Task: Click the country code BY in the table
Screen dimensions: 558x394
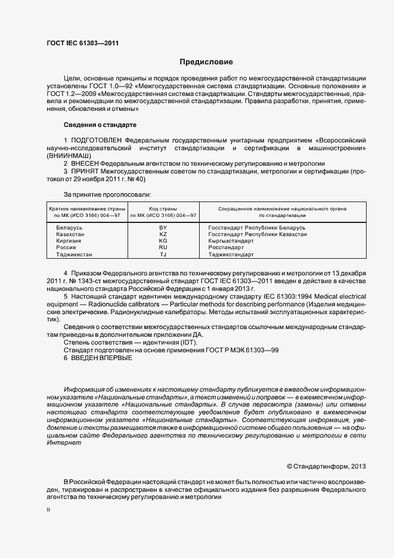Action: pyautogui.click(x=163, y=228)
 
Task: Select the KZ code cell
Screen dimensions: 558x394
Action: pyautogui.click(x=163, y=234)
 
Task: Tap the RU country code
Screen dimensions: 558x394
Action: pyautogui.click(x=163, y=247)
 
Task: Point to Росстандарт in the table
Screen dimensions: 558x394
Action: pyautogui.click(x=226, y=247)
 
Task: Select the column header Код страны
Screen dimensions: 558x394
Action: pyautogui.click(x=163, y=209)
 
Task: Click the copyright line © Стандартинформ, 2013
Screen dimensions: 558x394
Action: pyautogui.click(x=326, y=466)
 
